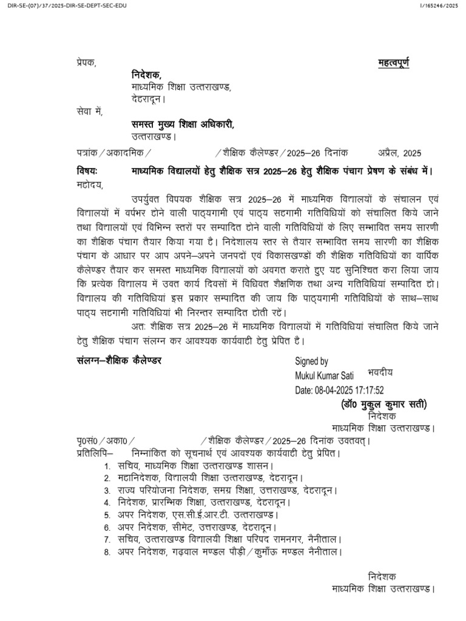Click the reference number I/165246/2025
coord(441,6)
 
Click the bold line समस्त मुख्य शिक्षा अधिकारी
coord(182,124)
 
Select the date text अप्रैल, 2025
coord(399,153)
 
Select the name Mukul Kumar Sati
coord(324,376)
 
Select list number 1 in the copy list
coord(106,466)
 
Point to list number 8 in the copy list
coord(106,552)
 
